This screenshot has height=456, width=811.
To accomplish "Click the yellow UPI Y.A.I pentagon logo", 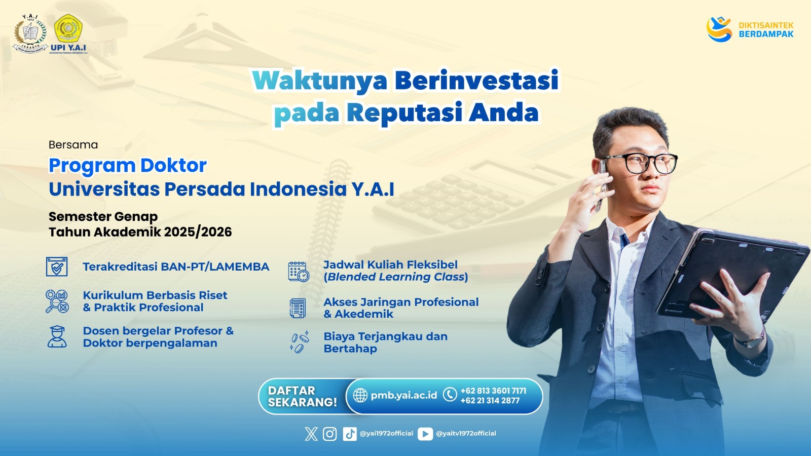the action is point(68,28).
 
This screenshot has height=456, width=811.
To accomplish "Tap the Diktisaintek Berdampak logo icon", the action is point(719,29).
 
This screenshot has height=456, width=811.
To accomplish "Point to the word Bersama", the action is point(73,145).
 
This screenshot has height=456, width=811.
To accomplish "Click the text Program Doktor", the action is point(127,166).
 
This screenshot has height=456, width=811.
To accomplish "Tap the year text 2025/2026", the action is point(198,232).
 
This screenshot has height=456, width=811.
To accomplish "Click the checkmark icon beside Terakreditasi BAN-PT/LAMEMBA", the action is point(57,267).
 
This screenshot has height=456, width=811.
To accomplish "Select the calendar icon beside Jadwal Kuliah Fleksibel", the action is point(299,272).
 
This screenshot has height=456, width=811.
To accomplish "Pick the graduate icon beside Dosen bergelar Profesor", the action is point(57,336).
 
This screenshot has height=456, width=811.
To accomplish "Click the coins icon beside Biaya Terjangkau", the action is point(300,341).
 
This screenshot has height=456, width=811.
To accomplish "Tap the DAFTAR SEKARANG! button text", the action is point(302,396).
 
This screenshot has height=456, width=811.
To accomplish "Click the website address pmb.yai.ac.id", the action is point(403,395).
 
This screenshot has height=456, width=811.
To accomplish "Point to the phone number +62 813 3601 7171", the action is point(493,391).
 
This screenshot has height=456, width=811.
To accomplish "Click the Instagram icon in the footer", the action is point(329,434).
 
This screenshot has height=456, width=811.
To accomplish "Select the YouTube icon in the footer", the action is point(425,434).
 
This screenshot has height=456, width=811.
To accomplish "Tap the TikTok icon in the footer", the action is point(349,434).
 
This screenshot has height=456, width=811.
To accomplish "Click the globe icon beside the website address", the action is point(360,395).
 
